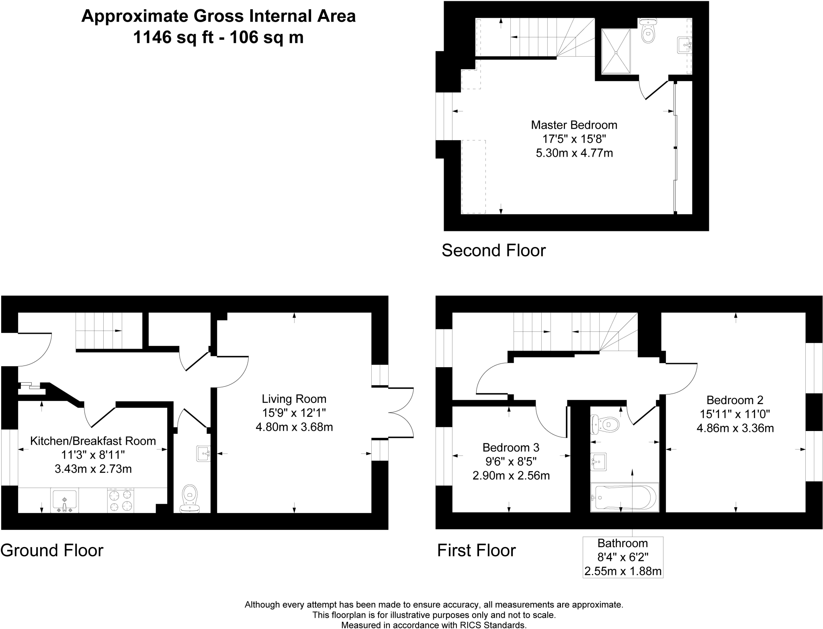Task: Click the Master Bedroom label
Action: (574, 125)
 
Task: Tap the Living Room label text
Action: (294, 399)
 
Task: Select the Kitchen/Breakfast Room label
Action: (93, 441)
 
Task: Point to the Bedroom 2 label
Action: (735, 400)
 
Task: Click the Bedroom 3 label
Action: (511, 447)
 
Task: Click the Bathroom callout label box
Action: (622, 557)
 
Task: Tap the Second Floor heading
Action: (493, 250)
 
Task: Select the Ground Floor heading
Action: (52, 550)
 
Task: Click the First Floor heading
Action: (476, 550)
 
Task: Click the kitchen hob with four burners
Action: (121, 500)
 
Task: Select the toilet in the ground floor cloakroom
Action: (190, 498)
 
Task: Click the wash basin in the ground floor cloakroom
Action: (203, 454)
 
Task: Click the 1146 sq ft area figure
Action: (164, 38)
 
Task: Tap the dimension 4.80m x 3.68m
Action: (294, 427)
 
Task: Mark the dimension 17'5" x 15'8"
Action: (574, 139)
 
